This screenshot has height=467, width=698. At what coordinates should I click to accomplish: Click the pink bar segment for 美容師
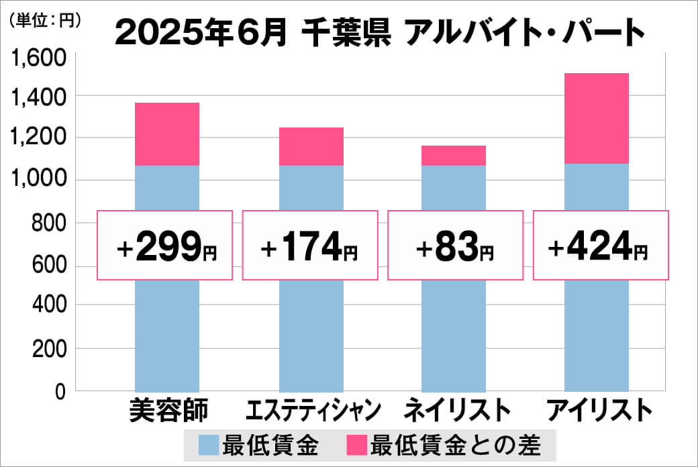click(167, 134)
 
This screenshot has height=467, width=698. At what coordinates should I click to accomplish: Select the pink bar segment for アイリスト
click(597, 118)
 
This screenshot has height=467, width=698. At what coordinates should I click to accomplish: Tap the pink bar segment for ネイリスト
click(454, 155)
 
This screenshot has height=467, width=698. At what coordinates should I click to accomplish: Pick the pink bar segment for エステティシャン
click(311, 146)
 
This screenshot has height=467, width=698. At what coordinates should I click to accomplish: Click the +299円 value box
click(166, 245)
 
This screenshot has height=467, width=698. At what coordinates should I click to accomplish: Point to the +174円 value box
click(309, 245)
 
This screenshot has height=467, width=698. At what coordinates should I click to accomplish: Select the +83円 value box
click(455, 245)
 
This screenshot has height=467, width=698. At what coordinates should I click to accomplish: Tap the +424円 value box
click(600, 245)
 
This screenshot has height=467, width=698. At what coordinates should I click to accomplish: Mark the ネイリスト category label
click(453, 409)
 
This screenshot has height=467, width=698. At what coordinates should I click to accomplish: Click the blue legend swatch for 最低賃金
click(209, 444)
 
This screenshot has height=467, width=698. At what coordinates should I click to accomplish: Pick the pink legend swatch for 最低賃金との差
click(356, 444)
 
